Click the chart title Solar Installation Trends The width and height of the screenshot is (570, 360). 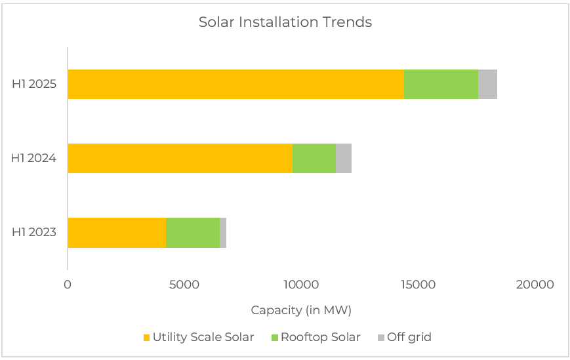285,22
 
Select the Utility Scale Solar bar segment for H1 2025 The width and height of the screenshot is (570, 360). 235,85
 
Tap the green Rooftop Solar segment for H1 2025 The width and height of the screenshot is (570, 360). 441,85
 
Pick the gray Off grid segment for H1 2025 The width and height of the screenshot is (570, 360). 487,85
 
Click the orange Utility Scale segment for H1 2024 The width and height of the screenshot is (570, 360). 180,159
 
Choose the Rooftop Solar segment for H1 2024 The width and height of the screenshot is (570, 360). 314,159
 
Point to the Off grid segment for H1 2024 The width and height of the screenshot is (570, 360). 343,159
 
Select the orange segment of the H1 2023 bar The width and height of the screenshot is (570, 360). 117,233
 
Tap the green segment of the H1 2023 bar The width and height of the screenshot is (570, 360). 193,233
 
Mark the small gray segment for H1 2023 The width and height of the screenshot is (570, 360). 223,233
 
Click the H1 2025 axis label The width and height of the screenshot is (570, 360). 34,85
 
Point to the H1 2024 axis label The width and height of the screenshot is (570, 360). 34,159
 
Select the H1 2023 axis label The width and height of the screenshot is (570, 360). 34,233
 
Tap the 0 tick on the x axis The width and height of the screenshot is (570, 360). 68,285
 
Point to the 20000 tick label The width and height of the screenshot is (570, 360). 535,285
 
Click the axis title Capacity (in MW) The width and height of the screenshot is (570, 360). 301,310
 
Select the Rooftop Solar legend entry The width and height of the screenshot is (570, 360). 320,338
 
